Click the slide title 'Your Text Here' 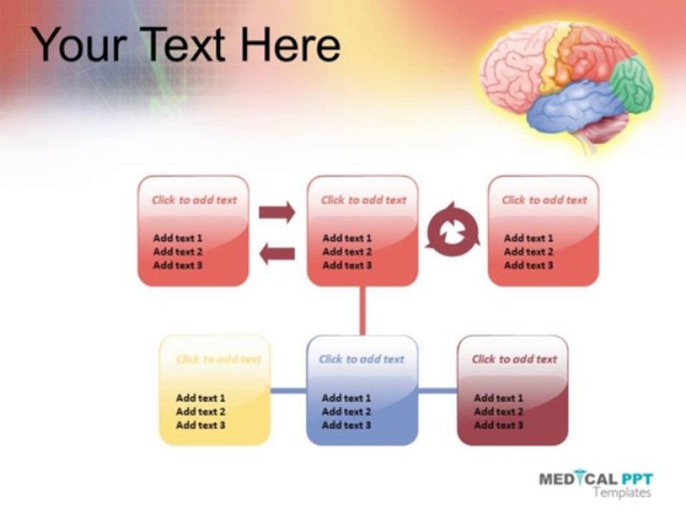click(187, 44)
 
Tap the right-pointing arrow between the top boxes click(277, 212)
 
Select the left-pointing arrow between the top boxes click(277, 253)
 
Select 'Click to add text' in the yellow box click(219, 359)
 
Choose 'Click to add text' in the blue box click(362, 359)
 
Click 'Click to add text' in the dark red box click(514, 359)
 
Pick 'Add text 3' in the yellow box click(201, 425)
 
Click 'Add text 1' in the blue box click(346, 398)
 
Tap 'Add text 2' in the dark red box click(498, 412)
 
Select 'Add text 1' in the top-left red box click(178, 238)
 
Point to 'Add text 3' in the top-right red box click(529, 266)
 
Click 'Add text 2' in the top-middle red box click(347, 252)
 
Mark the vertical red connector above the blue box click(362, 311)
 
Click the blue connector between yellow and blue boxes click(288, 390)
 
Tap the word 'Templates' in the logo click(622, 493)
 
